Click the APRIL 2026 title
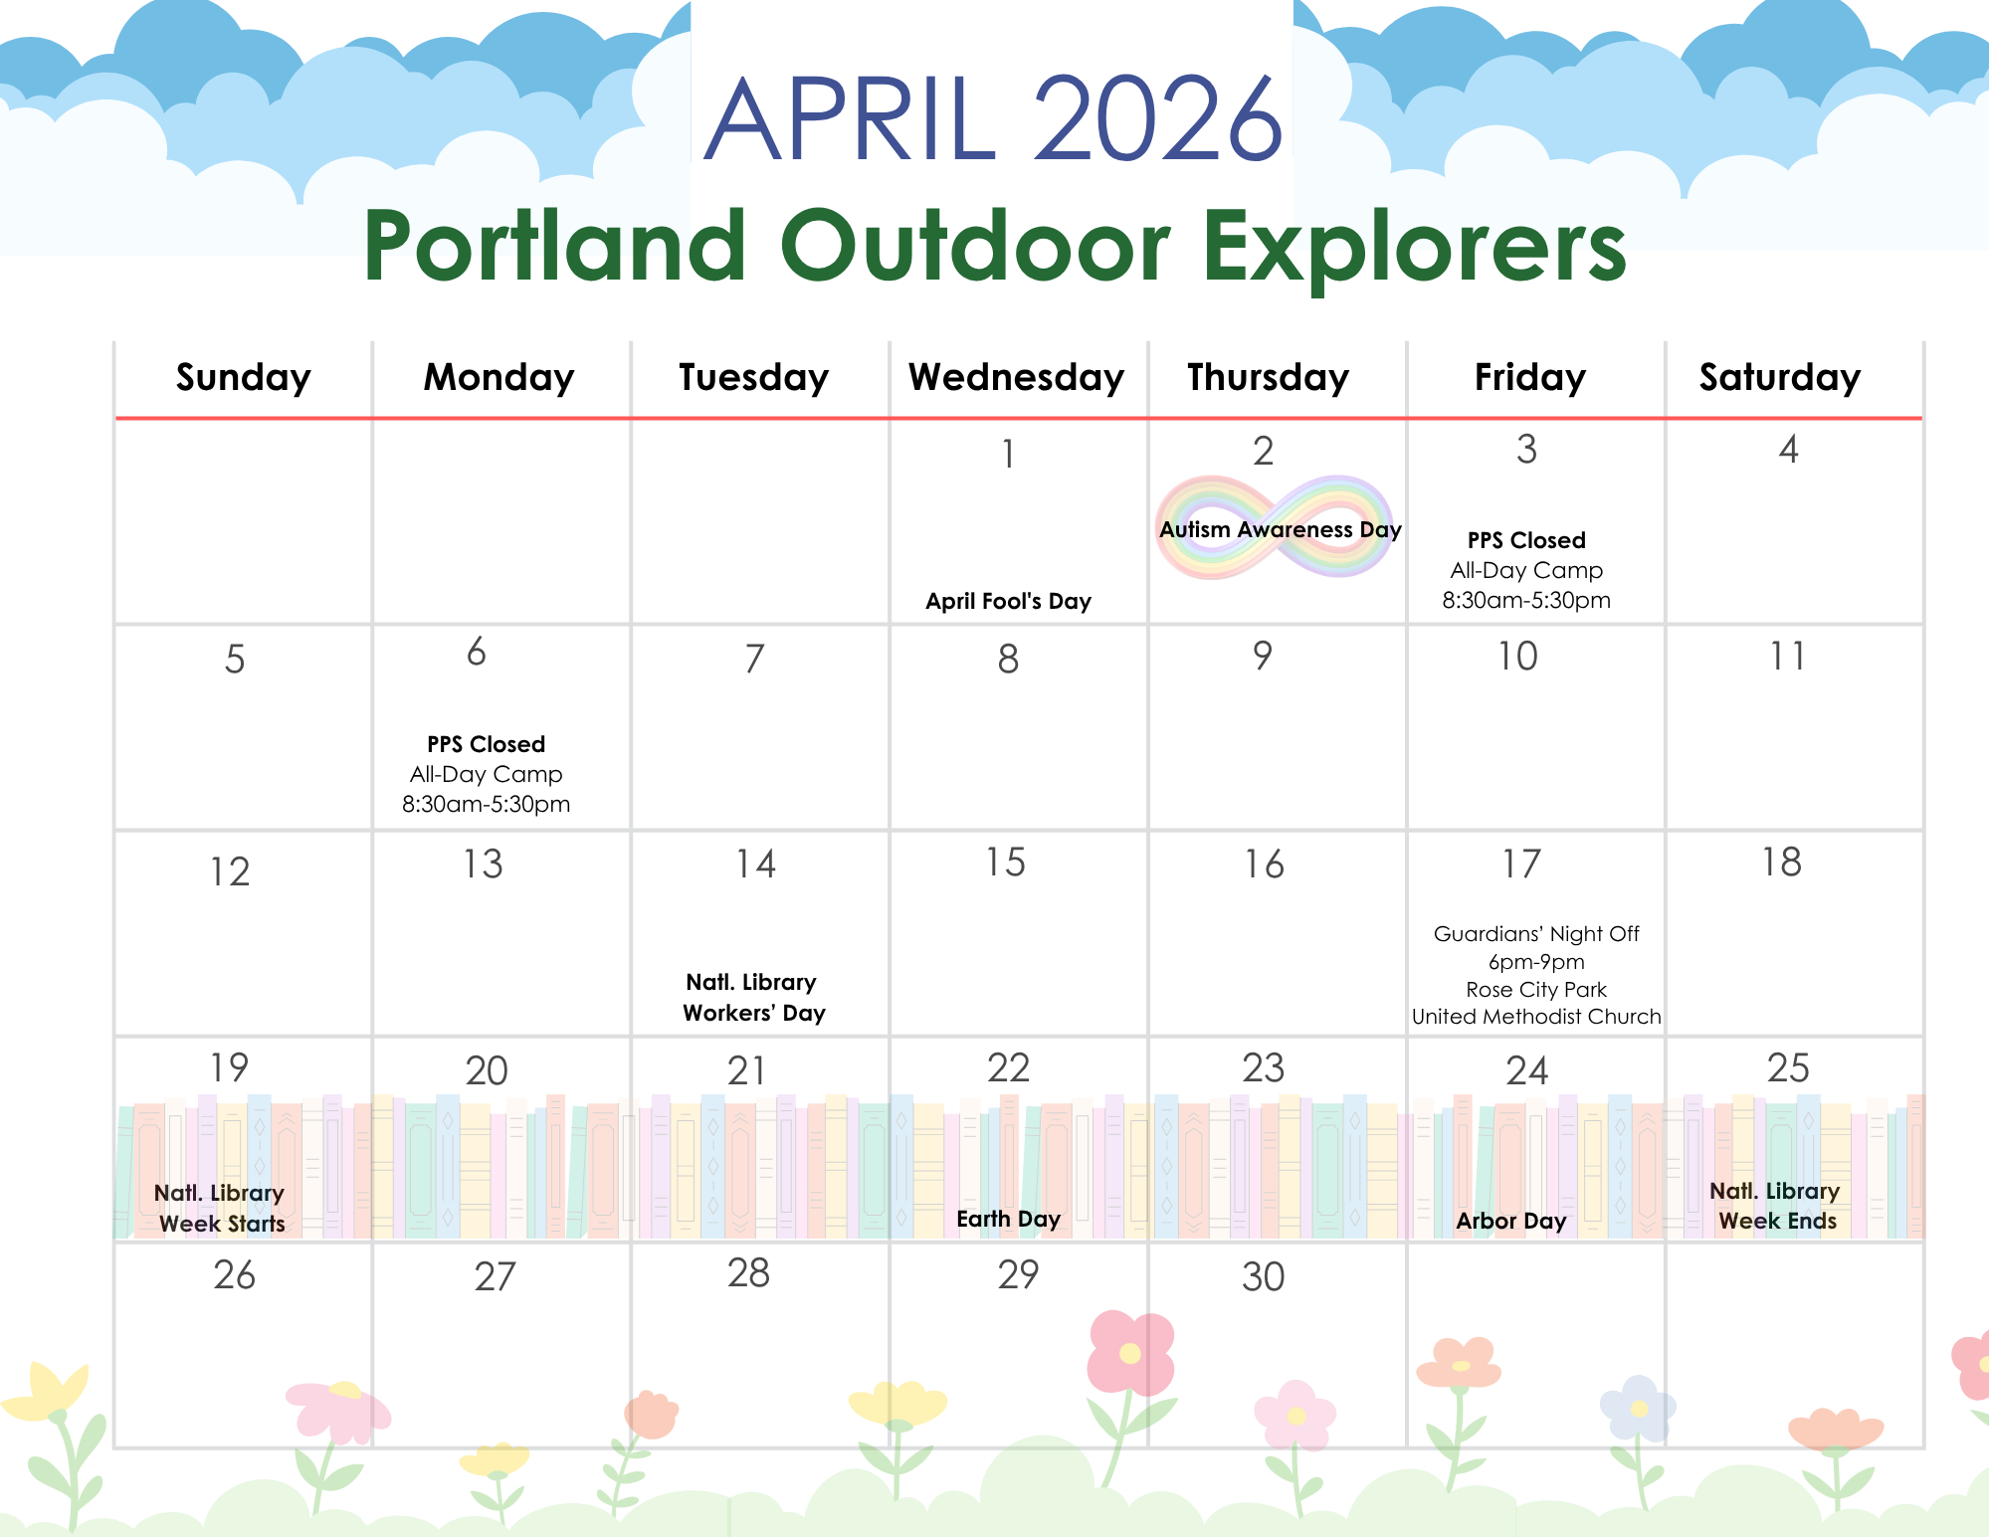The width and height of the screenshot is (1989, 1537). click(x=994, y=118)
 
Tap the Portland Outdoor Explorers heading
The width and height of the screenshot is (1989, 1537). click(x=995, y=246)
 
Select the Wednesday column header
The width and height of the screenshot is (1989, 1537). click(x=1016, y=378)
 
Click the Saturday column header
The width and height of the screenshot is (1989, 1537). click(x=1779, y=378)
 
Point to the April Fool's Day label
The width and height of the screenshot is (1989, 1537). click(x=1008, y=601)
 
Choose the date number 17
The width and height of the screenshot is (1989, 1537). click(x=1521, y=864)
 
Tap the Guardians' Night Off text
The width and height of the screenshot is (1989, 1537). click(x=1536, y=934)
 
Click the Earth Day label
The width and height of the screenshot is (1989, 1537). click(x=1008, y=1220)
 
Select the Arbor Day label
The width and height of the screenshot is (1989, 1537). click(x=1510, y=1221)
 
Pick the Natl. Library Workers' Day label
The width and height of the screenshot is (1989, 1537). click(x=753, y=998)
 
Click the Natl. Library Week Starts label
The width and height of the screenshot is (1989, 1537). click(x=221, y=1208)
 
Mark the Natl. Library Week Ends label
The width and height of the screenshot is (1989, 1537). click(x=1776, y=1206)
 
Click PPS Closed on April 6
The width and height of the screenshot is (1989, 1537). click(x=486, y=744)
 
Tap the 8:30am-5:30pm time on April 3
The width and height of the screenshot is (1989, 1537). click(x=1526, y=601)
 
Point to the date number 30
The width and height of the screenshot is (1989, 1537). click(x=1263, y=1276)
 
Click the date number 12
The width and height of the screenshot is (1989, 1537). click(x=230, y=871)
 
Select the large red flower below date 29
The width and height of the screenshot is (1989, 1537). click(x=1130, y=1352)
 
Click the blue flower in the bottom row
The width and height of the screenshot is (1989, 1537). click(x=1638, y=1409)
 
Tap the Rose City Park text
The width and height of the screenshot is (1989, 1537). click(x=1536, y=990)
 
